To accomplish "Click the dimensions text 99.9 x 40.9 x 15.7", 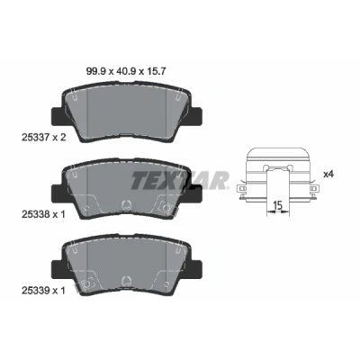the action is point(126,71).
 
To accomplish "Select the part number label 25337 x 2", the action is point(43,138).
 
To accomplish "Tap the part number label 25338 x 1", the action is point(43,214).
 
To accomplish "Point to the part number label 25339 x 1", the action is point(43,291).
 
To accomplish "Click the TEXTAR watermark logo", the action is point(179,180).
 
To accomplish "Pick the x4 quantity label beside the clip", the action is point(328,174).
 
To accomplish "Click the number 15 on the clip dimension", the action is point(278,206).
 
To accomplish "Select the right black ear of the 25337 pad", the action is point(195,117).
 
